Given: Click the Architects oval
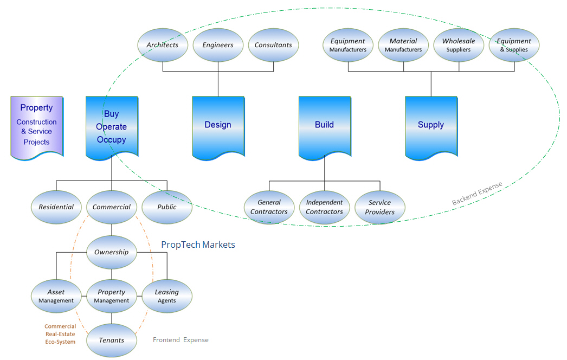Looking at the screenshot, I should [x=163, y=45].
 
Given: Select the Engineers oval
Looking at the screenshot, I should [x=218, y=45].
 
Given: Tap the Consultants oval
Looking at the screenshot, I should [x=273, y=45].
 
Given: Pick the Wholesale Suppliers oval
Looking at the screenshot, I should [x=459, y=45].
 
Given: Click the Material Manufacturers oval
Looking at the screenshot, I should [x=403, y=45].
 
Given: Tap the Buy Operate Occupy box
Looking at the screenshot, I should [x=112, y=127].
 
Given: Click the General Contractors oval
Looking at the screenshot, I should [x=269, y=207].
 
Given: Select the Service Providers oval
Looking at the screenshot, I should [x=380, y=207].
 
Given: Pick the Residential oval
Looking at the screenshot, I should [x=56, y=207].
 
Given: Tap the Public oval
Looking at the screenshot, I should [x=167, y=207].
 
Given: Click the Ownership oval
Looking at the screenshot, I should [x=112, y=252].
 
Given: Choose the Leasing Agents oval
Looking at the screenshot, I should [x=167, y=296].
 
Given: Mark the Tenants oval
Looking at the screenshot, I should [x=112, y=340].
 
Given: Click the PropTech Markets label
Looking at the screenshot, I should [x=198, y=245].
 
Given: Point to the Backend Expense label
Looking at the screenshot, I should [x=477, y=194].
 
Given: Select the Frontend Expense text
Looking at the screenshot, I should [x=181, y=340].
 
